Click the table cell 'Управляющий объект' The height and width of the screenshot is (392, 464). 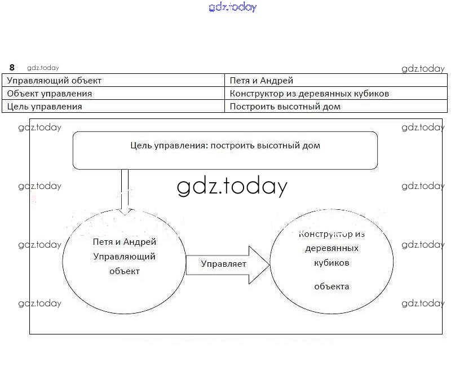point(54,81)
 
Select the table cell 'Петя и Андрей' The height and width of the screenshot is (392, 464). point(262,81)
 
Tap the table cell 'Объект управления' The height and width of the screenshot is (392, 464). point(50,94)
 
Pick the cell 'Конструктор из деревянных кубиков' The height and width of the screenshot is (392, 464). point(310,94)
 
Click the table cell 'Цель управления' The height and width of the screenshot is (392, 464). point(45,107)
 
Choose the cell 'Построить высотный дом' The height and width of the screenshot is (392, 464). point(285,107)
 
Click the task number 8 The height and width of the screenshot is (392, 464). point(12,68)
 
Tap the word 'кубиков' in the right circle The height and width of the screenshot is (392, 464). point(332,262)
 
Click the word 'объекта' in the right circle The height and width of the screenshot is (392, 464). point(332,287)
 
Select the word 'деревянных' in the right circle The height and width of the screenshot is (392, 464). point(332,248)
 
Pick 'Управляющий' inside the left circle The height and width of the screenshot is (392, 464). point(124,257)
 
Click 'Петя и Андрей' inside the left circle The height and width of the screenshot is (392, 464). point(124,242)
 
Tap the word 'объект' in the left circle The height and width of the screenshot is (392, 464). point(124,271)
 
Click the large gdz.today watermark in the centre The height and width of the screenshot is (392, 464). point(232,187)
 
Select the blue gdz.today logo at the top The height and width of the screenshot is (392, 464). point(232,7)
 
